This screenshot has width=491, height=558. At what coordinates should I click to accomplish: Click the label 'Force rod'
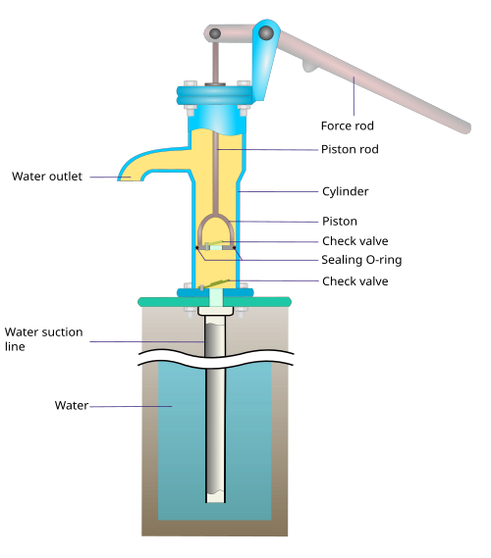(347, 126)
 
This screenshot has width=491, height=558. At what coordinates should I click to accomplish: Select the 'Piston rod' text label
(350, 149)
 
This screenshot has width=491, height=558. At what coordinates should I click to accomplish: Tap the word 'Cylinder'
(346, 191)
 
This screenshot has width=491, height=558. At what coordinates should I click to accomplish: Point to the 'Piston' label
(340, 222)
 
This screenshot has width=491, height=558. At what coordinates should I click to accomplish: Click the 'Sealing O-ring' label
(361, 260)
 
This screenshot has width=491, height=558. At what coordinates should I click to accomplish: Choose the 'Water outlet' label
(47, 177)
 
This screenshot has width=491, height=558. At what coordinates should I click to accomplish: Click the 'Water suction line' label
(43, 339)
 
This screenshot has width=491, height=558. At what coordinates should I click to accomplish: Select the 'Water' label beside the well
(72, 405)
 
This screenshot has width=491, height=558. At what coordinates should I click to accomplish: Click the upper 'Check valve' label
(355, 241)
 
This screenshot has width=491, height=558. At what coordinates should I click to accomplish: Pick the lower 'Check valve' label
(355, 281)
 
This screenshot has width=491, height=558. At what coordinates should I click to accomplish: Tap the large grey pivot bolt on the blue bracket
(266, 33)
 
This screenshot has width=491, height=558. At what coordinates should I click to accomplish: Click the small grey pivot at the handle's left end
(215, 33)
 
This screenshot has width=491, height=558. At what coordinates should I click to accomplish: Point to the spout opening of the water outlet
(130, 179)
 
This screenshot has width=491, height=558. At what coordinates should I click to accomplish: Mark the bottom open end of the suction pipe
(216, 501)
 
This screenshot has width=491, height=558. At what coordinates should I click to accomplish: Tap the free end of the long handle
(466, 128)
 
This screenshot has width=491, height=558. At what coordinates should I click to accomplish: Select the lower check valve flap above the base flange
(215, 284)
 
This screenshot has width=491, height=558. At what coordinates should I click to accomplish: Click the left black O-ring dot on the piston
(197, 248)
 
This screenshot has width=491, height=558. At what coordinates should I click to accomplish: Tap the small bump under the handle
(308, 66)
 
